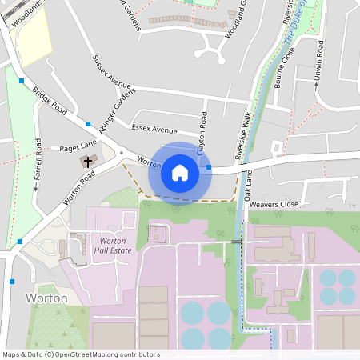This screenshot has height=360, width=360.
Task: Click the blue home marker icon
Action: coord(180,172)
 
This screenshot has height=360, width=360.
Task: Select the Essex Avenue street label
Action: coord(154,128)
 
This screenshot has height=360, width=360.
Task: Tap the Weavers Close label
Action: coord(274,205)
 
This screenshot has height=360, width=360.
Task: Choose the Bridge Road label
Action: coord(50,102)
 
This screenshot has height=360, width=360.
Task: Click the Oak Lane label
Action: coord(248,186)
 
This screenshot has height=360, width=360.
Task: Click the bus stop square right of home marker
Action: coord(209,167)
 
